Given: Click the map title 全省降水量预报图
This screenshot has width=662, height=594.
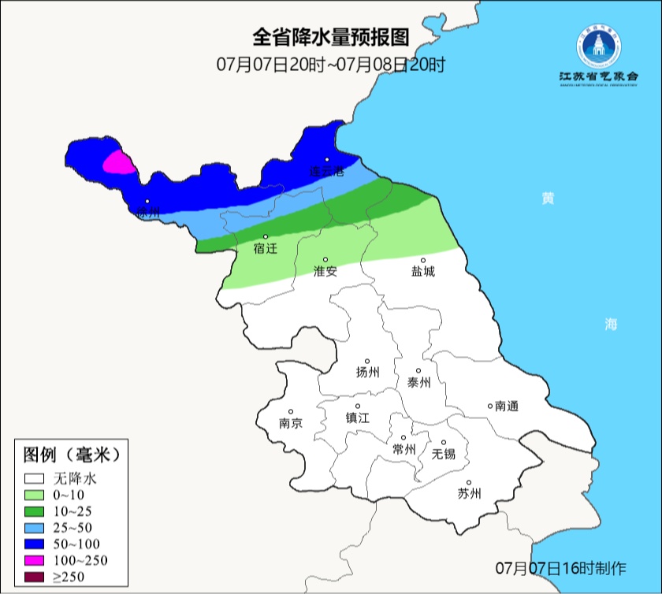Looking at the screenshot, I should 331,37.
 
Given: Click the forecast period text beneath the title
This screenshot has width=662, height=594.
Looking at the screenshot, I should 331,65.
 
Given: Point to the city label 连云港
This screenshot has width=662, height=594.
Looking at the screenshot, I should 326,171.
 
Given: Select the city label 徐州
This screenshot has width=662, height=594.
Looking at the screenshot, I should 147,212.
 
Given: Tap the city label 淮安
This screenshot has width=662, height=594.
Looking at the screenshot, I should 325,271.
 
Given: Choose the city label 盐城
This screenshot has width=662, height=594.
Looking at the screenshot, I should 422,271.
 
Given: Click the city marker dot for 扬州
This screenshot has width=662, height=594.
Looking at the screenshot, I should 366,361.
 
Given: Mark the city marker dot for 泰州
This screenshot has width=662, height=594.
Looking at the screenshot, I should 418,370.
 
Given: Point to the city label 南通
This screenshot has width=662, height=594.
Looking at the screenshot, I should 506,406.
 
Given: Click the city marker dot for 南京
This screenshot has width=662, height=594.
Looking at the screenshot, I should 291,411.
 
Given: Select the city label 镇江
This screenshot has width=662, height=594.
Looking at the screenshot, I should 357,418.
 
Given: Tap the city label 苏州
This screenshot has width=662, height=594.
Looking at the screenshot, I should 469,494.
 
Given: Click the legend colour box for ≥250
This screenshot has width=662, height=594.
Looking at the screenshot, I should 35,578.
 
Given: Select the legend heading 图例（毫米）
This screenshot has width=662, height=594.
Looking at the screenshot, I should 71,455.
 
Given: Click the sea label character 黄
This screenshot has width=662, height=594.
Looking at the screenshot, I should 547,198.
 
